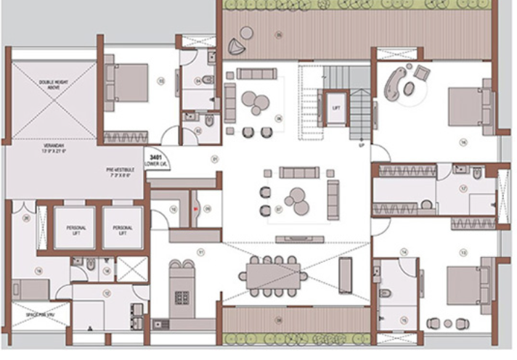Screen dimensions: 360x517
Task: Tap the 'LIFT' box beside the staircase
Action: point(336,108)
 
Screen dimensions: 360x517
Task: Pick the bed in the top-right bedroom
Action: point(464,107)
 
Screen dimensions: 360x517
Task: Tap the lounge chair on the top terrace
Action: point(237,47)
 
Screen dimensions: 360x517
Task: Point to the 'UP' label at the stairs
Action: point(361,146)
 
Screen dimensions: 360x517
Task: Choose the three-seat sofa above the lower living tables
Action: point(299,173)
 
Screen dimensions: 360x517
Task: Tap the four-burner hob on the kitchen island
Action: point(179,298)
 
